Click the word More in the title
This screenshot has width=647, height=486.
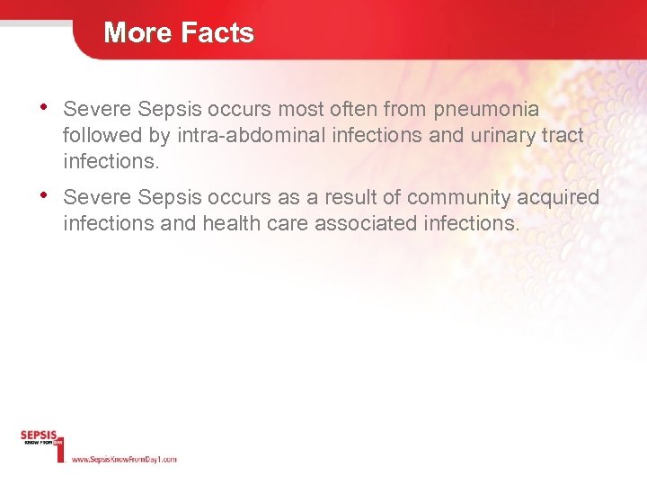click(137, 33)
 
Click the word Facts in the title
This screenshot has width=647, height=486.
click(216, 33)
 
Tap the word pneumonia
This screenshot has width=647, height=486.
click(486, 111)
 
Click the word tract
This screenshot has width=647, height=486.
click(562, 136)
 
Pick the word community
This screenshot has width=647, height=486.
click(458, 198)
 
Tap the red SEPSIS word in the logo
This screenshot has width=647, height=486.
click(39, 436)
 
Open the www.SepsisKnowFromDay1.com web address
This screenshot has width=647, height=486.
click(123, 459)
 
